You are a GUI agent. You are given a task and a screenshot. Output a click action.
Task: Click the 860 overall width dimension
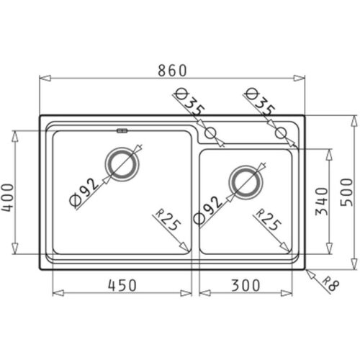point(171,69)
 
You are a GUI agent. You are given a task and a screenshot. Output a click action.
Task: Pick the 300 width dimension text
point(248,284)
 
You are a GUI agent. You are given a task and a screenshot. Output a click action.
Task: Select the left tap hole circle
point(211,132)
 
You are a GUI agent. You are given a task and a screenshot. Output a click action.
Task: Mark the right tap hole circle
point(282,132)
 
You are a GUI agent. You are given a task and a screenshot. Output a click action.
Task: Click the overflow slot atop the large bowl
point(122,131)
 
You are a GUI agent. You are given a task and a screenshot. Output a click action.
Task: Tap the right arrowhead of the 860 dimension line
point(302,78)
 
